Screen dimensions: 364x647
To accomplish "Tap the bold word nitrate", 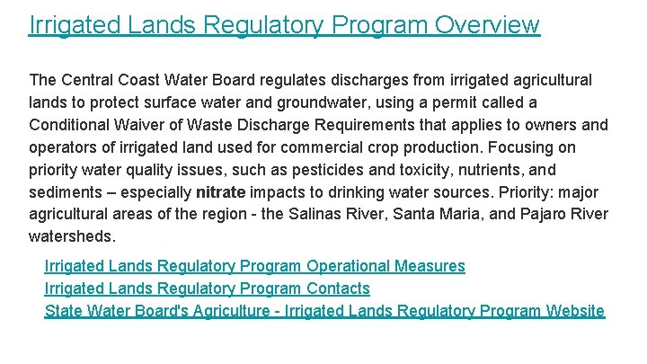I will (x=220, y=192).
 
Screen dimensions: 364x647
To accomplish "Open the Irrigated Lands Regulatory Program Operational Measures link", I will (x=254, y=266).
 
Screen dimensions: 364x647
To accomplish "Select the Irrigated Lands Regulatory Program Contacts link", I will (x=207, y=289).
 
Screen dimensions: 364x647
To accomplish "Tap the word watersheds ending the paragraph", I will (x=72, y=237).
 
